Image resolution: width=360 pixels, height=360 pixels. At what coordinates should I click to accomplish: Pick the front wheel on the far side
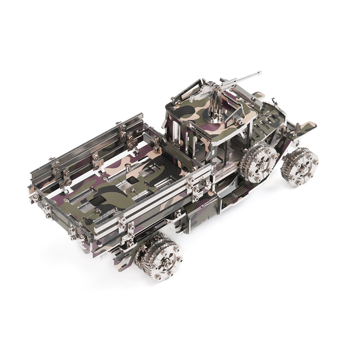pos(300,167)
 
